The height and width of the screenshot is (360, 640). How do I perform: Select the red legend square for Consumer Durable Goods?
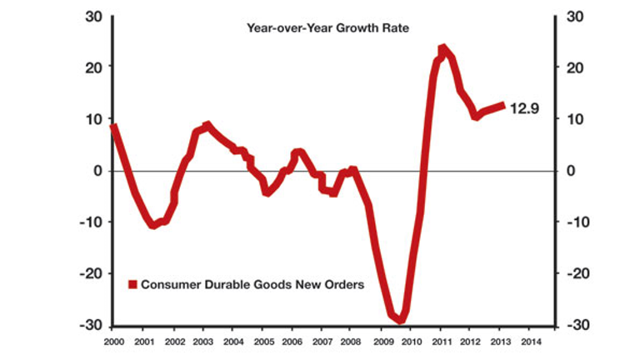click(x=132, y=284)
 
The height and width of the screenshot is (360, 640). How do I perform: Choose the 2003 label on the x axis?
click(x=202, y=342)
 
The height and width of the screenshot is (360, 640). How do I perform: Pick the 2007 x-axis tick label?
click(x=322, y=342)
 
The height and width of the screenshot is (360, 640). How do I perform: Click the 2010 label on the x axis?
click(x=412, y=342)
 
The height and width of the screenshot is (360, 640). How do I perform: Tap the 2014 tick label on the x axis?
click(x=532, y=342)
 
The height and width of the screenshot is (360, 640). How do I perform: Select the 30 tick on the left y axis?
click(x=93, y=16)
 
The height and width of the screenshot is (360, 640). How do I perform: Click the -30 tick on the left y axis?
click(x=91, y=325)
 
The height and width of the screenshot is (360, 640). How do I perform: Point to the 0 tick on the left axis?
click(x=97, y=171)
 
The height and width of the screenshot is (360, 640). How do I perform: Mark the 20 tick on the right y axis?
click(x=575, y=67)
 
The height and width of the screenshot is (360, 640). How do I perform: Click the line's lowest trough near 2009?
click(x=400, y=319)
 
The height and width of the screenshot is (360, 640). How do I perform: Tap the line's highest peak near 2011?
click(x=442, y=49)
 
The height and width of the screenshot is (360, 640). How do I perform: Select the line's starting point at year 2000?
click(x=113, y=127)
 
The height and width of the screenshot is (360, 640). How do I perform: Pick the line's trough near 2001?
click(x=153, y=225)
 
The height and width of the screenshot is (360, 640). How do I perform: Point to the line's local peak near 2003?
click(x=207, y=125)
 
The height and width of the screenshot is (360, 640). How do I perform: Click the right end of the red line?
click(x=503, y=105)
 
